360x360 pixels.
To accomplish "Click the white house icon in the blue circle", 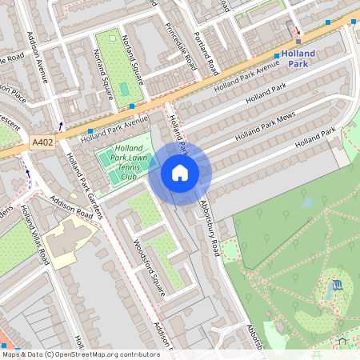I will coord(180,173).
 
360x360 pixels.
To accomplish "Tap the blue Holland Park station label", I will coord(302,58).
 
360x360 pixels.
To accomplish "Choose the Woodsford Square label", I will coord(147,267).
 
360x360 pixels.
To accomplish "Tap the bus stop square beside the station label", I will coord(278,55).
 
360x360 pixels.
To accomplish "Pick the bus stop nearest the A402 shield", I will coord(90,130).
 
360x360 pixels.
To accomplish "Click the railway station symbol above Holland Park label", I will coord(298,41).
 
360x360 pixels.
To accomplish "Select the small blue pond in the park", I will coord(306,203).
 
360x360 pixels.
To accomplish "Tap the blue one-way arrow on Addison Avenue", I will coord(60,125).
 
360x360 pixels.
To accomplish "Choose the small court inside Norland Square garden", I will coord(123,89).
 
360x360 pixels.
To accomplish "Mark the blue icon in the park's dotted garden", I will coord(336,285).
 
